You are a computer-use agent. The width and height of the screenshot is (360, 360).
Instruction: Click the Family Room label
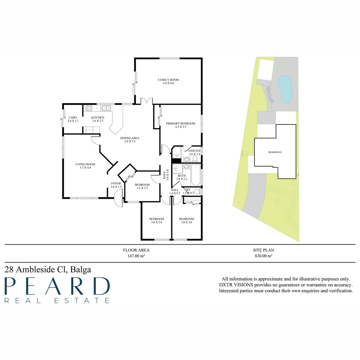pyautogui.click(x=168, y=80)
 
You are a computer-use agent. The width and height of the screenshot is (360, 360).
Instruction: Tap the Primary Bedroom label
pyautogui.click(x=181, y=123)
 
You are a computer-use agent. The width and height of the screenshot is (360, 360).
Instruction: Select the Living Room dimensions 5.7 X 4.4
pyautogui.click(x=85, y=168)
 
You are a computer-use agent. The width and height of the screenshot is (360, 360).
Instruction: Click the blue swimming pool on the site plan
pyautogui.click(x=285, y=89)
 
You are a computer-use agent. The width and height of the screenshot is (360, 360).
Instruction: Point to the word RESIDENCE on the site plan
pyautogui.click(x=275, y=152)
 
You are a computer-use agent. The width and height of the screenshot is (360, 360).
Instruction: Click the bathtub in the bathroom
pyautogui.click(x=196, y=175)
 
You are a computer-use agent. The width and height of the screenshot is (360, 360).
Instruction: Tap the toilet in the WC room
pyautogui.click(x=197, y=191)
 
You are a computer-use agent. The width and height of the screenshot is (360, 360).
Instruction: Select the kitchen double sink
pyautogui.click(x=106, y=108)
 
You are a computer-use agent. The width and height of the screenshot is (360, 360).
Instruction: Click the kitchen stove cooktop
pyautogui.click(x=89, y=108)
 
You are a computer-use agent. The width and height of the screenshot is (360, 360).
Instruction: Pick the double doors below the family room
pyautogui.click(x=147, y=101)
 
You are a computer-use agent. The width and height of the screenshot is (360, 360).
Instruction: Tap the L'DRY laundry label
pyautogui.click(x=73, y=118)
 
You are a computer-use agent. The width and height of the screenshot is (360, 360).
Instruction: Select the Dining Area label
pyautogui.click(x=130, y=138)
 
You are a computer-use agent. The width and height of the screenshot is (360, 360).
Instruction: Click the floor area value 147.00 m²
pyautogui.click(x=136, y=256)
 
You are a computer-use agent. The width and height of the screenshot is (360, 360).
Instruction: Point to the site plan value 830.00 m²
pyautogui.click(x=263, y=256)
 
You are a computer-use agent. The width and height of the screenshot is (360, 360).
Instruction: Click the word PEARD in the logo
pyautogui.click(x=57, y=286)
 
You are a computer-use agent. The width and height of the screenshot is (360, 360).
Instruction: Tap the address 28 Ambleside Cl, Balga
pyautogui.click(x=48, y=269)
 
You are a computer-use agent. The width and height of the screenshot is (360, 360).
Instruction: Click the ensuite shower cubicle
pyautogui.click(x=177, y=152)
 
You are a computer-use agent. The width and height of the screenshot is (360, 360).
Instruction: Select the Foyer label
pyautogui.click(x=116, y=183)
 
